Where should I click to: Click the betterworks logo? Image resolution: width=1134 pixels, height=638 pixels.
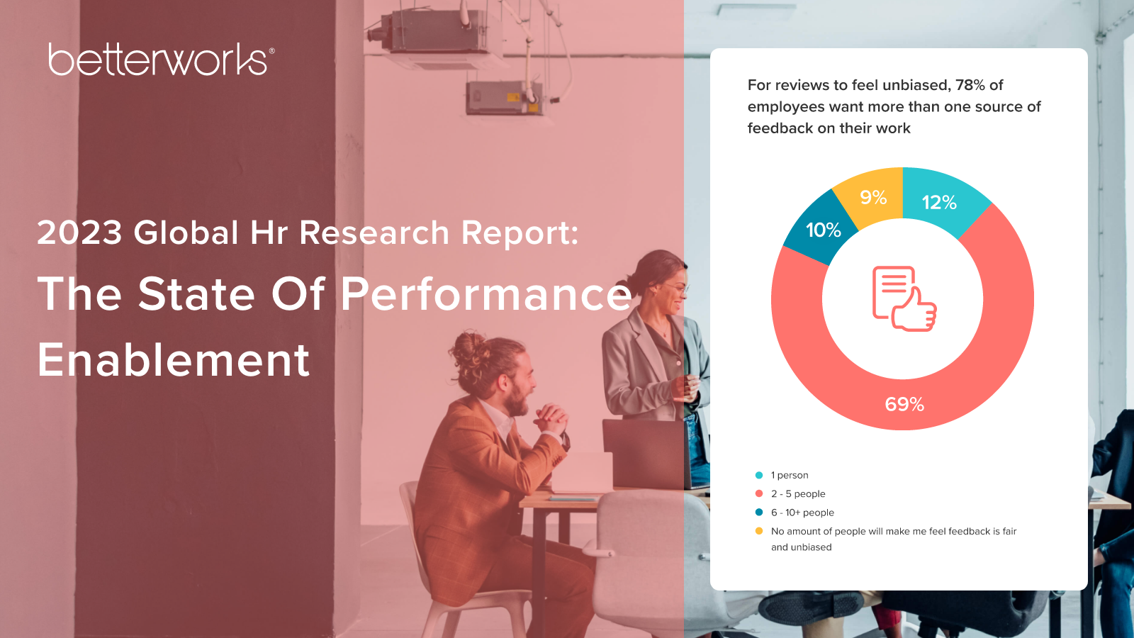162,60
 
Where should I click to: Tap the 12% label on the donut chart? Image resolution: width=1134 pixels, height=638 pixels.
939,203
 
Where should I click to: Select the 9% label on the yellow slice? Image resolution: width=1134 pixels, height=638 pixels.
873,197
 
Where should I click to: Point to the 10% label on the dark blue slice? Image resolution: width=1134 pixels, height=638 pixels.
823,230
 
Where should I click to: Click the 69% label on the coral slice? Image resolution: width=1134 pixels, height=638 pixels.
904,404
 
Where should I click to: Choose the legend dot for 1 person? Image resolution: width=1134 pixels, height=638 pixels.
759,475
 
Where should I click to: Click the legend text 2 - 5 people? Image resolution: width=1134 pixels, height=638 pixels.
798,493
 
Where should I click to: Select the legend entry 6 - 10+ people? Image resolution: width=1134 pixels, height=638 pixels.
802,513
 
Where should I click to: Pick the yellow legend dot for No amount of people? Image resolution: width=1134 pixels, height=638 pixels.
759,531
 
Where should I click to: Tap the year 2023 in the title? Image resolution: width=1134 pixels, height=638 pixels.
79,233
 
